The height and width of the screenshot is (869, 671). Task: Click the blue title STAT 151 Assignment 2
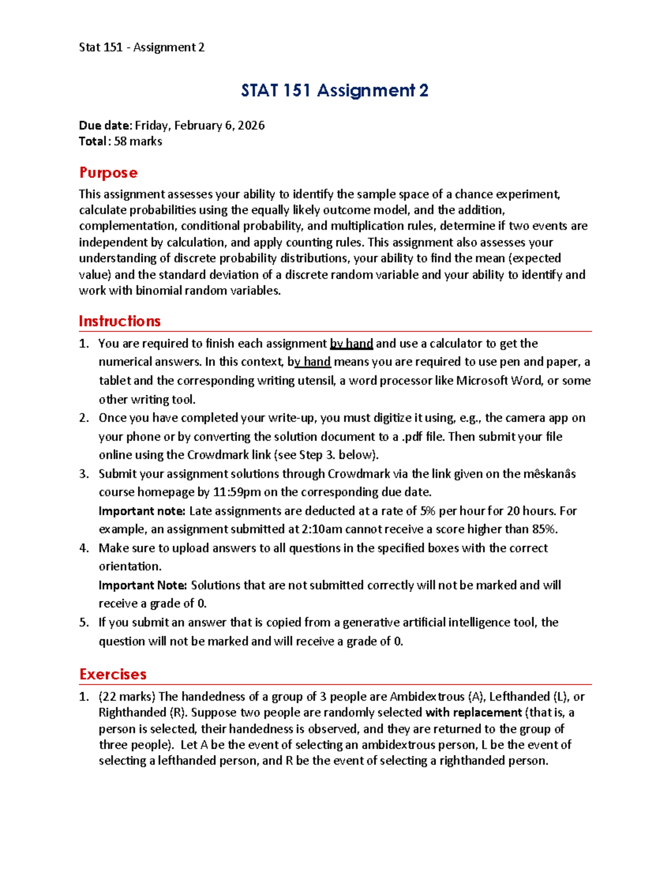[x=334, y=91]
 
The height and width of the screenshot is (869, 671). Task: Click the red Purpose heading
[x=108, y=172]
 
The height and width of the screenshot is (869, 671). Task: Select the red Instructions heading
[x=120, y=321]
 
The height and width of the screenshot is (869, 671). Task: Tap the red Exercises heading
[x=113, y=674]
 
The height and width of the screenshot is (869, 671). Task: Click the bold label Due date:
[x=106, y=125]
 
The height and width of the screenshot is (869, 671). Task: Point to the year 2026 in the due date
[x=251, y=125]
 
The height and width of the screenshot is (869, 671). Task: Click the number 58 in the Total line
[x=120, y=142]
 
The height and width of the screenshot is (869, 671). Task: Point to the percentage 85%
[x=545, y=529]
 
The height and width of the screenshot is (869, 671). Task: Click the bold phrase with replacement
[x=474, y=713]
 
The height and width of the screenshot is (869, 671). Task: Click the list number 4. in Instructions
[x=84, y=548]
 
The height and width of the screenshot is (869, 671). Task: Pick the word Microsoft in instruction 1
[x=483, y=381]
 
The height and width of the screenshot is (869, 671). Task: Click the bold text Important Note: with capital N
[x=143, y=585]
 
